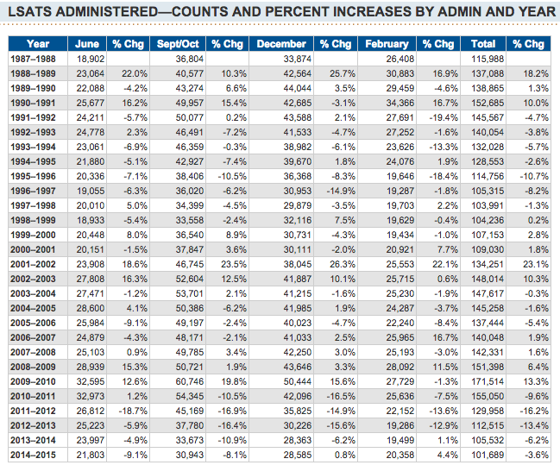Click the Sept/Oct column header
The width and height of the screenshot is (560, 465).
click(x=179, y=43)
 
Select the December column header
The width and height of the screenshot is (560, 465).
click(x=281, y=43)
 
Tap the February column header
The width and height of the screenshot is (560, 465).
click(x=387, y=43)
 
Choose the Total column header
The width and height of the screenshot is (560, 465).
click(x=483, y=43)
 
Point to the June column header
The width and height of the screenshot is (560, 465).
click(x=86, y=43)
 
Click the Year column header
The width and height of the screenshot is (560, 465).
click(x=38, y=43)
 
